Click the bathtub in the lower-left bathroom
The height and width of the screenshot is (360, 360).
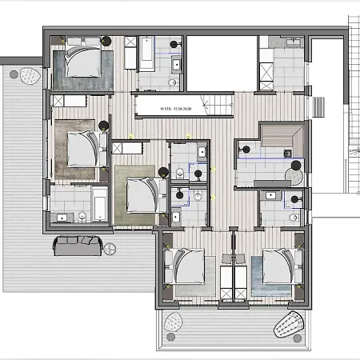point(100,204)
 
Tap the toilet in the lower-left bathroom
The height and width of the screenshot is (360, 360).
point(82,214)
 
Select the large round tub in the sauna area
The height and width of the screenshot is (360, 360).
point(294,166)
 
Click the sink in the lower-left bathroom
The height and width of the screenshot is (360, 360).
point(62,216)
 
